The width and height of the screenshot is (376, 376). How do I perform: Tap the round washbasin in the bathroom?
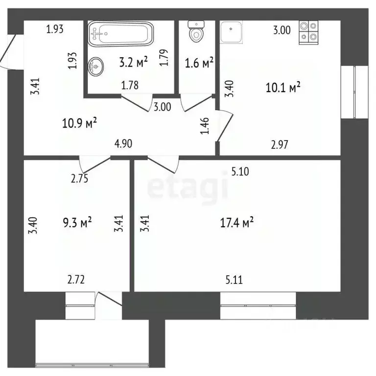pos(96,65)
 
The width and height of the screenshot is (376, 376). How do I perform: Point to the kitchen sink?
pos(230,32)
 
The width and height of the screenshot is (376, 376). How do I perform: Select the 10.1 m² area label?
pos(282,88)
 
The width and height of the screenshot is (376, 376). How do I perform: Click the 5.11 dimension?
pos(235,280)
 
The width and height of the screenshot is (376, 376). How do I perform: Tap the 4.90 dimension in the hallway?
pos(123,143)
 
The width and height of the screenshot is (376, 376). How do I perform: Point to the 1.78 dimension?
pos(130,86)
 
